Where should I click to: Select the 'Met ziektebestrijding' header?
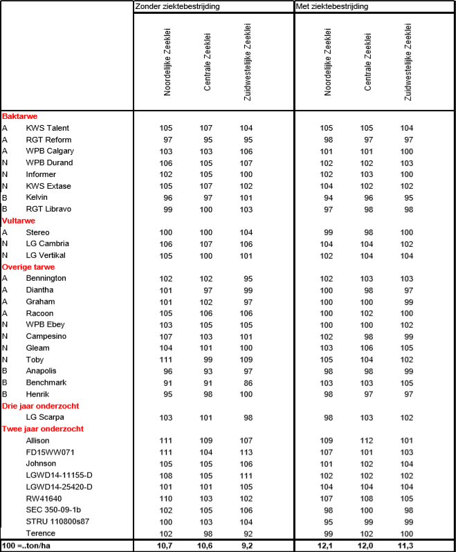click(x=331, y=6)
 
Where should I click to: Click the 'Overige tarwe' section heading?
click(x=28, y=267)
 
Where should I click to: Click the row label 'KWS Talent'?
click(x=48, y=128)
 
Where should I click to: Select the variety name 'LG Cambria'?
click(x=47, y=243)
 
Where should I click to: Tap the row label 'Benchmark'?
click(x=46, y=383)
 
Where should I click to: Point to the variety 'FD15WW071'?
click(x=48, y=452)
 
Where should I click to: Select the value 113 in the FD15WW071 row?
click(x=246, y=452)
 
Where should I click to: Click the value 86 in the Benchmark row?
click(x=246, y=383)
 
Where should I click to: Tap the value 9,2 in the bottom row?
click(x=246, y=546)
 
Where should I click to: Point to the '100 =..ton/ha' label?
click(x=29, y=546)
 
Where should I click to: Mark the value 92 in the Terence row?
click(x=246, y=533)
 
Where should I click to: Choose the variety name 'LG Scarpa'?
click(x=46, y=417)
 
